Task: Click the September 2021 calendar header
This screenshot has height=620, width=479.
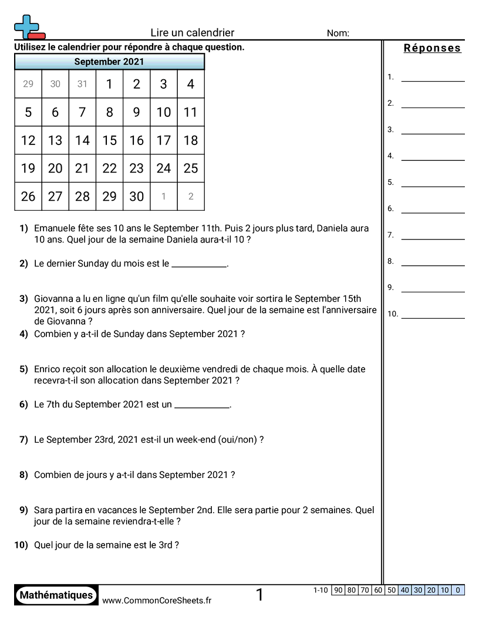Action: coord(109,62)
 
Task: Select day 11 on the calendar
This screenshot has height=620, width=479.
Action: coord(191,112)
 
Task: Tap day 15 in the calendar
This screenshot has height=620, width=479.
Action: coord(110,140)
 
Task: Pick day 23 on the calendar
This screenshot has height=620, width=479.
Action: coord(137,169)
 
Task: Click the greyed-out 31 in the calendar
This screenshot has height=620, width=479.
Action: coord(82,84)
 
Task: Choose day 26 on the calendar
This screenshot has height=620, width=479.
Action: coord(28,197)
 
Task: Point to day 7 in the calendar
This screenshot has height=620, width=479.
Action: coord(82,112)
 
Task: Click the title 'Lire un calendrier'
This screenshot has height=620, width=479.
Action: coord(192,33)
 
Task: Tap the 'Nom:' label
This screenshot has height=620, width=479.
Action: coord(338,33)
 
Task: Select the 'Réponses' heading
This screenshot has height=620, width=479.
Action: coord(432,48)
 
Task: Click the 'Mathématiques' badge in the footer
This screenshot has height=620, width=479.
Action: coord(56,595)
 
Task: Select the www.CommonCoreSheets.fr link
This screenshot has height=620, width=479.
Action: coord(157,601)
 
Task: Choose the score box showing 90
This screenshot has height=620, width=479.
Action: coord(338,591)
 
